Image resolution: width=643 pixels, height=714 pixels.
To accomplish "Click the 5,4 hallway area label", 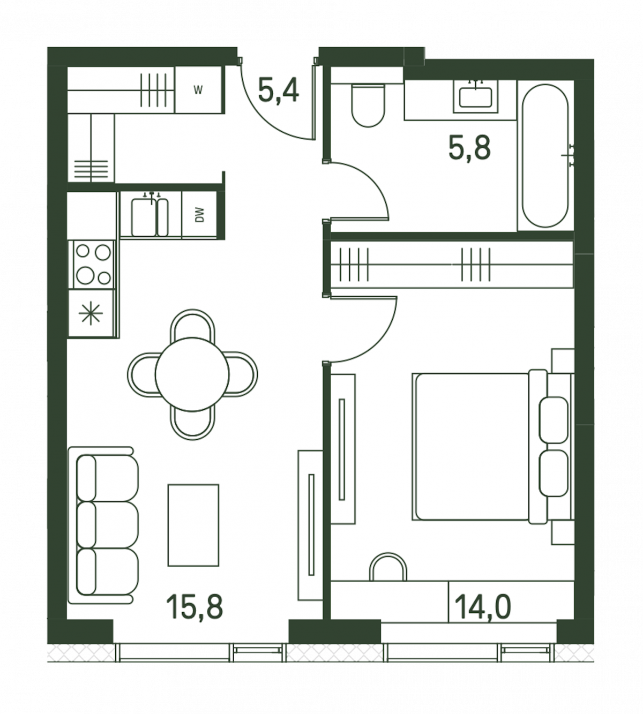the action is (x=279, y=91).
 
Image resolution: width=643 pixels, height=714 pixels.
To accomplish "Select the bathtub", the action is (x=545, y=155).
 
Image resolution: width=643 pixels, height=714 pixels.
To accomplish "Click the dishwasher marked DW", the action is (x=199, y=215).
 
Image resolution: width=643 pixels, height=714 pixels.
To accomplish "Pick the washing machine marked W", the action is (x=198, y=90).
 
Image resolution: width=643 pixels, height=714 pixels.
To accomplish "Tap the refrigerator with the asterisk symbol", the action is (x=92, y=312).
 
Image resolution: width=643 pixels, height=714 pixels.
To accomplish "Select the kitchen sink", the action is (x=149, y=217).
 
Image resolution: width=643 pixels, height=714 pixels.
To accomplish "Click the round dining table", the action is (x=192, y=374).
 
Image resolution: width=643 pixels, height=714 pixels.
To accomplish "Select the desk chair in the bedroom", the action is (x=388, y=562).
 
